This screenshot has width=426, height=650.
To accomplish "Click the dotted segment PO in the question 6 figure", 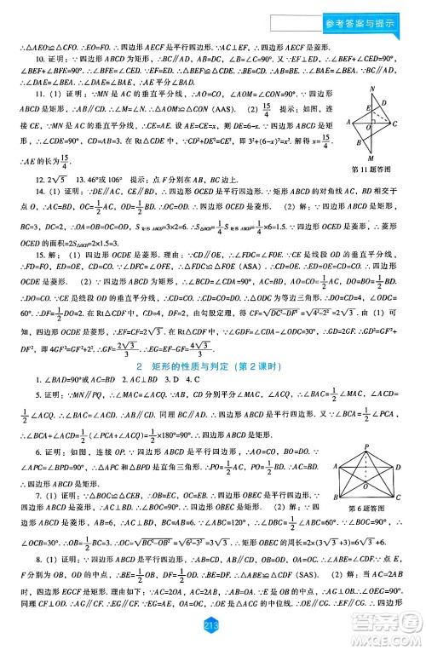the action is pos(371,464).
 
